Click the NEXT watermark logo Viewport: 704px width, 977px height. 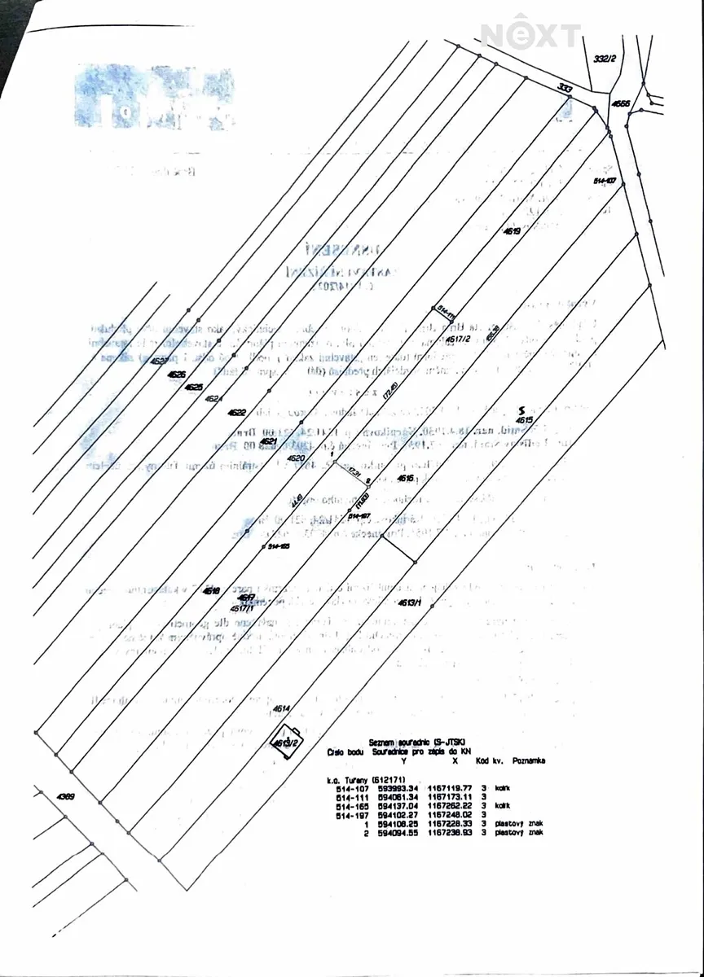coord(530,35)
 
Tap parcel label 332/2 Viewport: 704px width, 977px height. coord(604,59)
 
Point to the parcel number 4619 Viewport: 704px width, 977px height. coord(512,231)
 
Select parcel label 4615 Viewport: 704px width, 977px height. coord(523,420)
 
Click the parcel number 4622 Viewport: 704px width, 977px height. coord(237,413)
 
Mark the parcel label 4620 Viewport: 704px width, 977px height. coord(296,459)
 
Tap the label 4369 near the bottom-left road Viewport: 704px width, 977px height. coord(66,796)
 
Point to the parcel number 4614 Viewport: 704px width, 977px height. coord(282,708)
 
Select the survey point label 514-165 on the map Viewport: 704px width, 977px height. coord(279,546)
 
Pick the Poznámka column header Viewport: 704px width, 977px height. coord(529,760)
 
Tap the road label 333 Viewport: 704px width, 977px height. coord(565,88)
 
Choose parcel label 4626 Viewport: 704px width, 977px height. coord(177,375)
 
